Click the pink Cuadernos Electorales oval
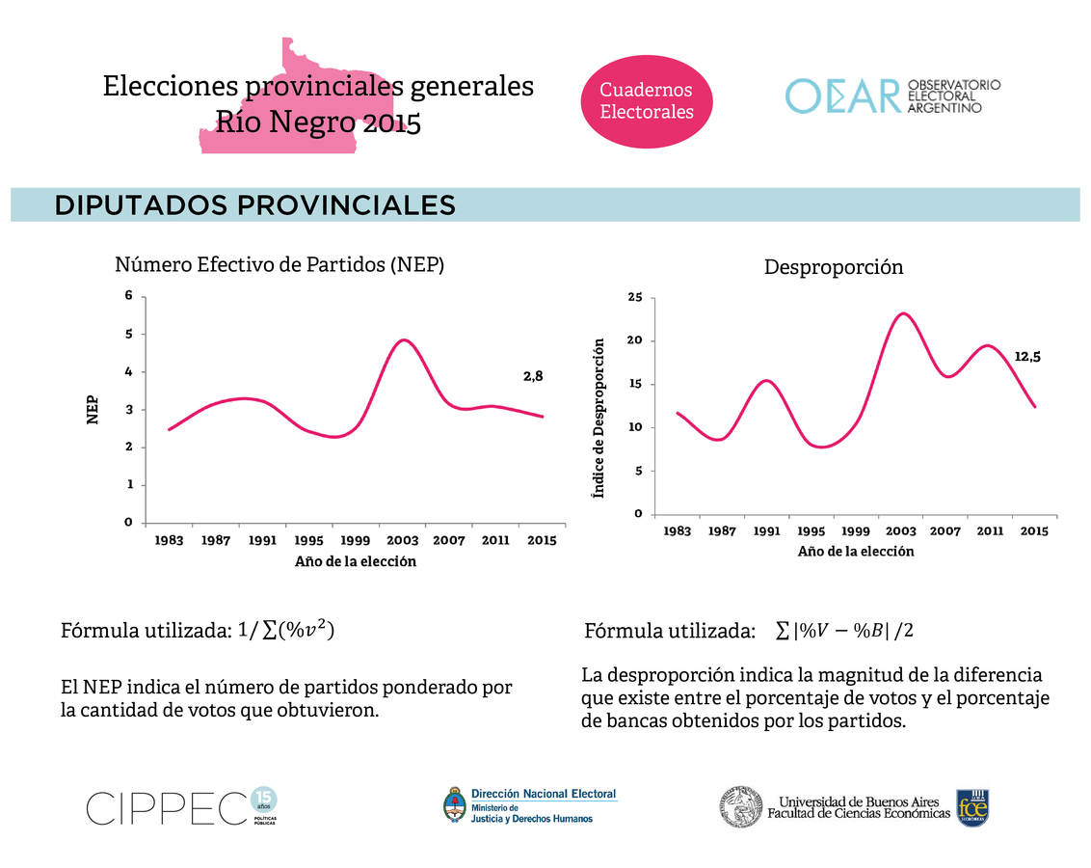(x=647, y=100)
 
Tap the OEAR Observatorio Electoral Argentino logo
(x=893, y=96)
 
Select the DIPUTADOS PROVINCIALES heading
(x=255, y=205)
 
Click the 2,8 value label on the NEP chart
(x=533, y=377)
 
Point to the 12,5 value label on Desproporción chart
(x=1027, y=356)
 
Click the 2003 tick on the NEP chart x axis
(x=403, y=541)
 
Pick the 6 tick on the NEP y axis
(x=127, y=296)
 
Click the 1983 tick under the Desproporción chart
(x=678, y=531)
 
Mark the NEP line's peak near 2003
(x=404, y=340)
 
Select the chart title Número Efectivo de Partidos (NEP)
(x=279, y=264)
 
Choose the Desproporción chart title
(x=834, y=267)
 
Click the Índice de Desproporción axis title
(x=599, y=417)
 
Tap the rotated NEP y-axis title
(x=92, y=409)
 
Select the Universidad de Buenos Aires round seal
(x=740, y=806)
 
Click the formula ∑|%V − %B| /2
(x=844, y=631)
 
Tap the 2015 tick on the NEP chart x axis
(x=542, y=541)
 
